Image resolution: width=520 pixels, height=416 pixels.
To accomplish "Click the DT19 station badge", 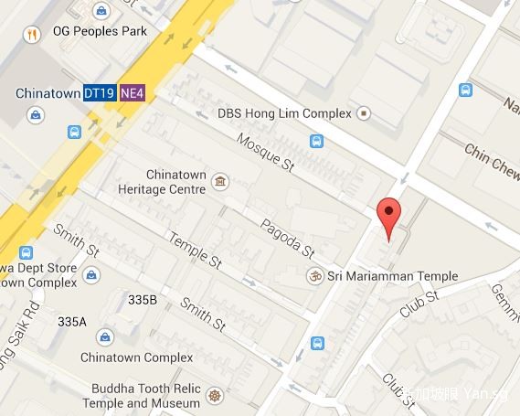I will tap(100, 93).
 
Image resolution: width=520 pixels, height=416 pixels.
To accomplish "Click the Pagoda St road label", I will tap(287, 238).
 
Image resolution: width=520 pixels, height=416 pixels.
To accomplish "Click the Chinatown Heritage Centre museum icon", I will tap(219, 181).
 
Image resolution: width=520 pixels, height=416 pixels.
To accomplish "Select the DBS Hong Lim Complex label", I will tap(284, 113).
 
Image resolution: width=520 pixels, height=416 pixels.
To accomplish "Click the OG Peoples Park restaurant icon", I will tap(32, 35).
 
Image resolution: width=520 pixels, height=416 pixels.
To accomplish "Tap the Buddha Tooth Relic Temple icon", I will tap(216, 396).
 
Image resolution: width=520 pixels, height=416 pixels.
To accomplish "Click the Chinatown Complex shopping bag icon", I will tap(107, 336).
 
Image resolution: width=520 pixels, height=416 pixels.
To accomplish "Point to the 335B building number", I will tap(143, 300).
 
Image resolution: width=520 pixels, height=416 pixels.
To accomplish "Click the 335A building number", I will tap(71, 322).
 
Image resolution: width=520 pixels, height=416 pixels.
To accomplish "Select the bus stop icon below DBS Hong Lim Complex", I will tap(316, 141).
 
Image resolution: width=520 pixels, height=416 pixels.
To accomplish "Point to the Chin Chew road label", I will tap(492, 160).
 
